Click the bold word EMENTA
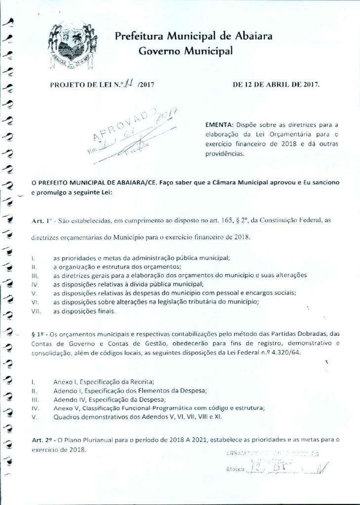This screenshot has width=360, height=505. (219, 125)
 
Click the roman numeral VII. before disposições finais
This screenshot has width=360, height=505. (36, 312)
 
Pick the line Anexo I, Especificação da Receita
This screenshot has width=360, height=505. (104, 381)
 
